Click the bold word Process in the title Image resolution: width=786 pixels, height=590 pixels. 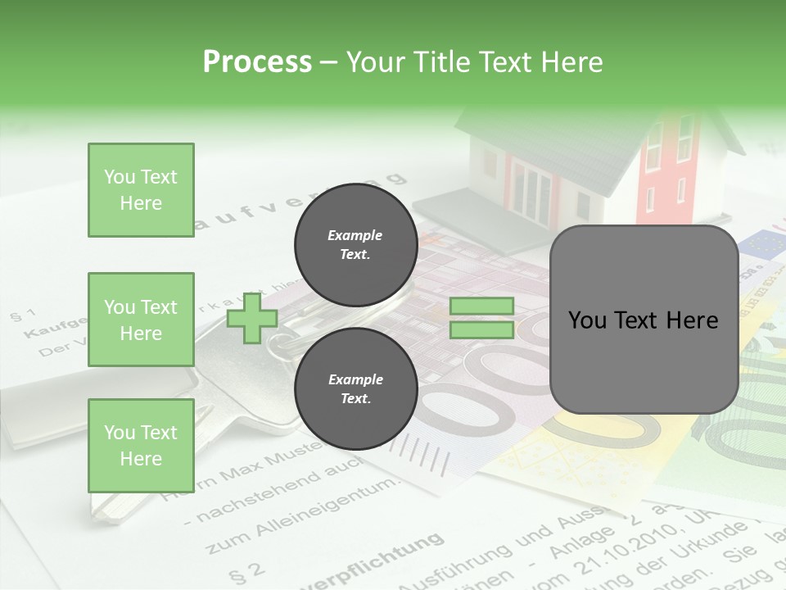(257, 62)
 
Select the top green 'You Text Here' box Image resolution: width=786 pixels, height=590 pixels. (141, 190)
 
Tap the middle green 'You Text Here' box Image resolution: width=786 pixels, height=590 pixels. (141, 320)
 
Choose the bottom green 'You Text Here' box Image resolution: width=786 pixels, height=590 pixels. (141, 445)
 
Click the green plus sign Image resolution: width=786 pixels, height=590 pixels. (252, 319)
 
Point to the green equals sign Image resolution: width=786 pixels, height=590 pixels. (481, 318)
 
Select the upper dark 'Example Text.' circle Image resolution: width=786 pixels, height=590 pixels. (355, 244)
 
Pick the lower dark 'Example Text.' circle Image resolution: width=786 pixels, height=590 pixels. (355, 388)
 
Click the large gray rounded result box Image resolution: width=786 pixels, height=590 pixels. (644, 320)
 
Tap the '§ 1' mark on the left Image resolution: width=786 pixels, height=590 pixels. (23, 315)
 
